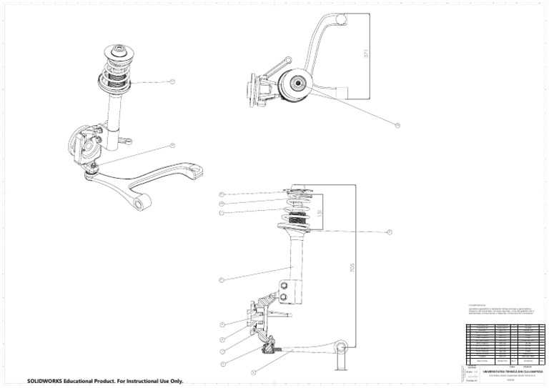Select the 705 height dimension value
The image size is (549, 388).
click(x=352, y=267)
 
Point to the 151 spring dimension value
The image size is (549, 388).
click(x=321, y=212)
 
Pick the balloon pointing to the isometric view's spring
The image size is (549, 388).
click(x=172, y=82)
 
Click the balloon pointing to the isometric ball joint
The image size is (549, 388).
click(x=172, y=145)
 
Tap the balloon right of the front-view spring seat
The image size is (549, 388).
click(x=390, y=232)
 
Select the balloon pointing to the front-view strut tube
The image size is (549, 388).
click(x=222, y=279)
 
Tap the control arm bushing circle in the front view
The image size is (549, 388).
click(x=342, y=348)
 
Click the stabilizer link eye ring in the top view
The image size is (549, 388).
click(x=287, y=60)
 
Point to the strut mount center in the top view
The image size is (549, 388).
click(x=293, y=86)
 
